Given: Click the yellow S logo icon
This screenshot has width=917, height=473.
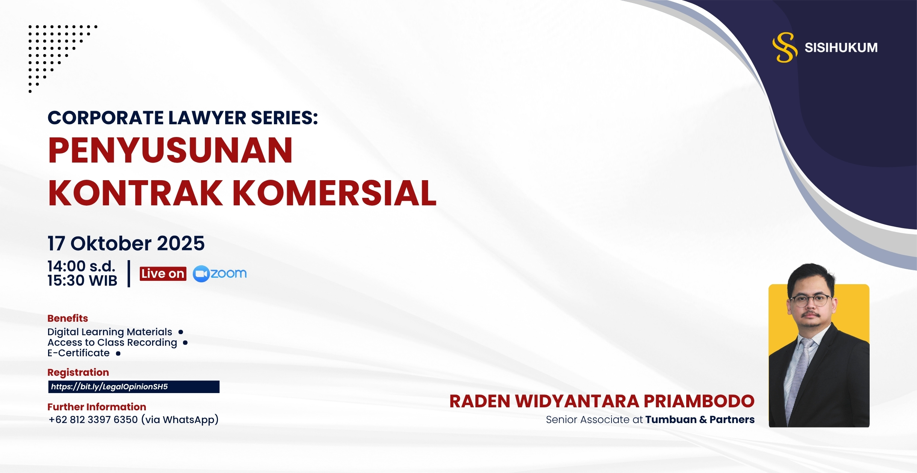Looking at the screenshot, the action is pyautogui.click(x=785, y=47).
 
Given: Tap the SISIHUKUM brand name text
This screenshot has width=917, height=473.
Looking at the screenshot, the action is pyautogui.click(x=841, y=48).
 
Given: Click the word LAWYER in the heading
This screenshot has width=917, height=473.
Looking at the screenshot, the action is pyautogui.click(x=207, y=118).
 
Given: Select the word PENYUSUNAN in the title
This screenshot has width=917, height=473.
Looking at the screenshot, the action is pyautogui.click(x=170, y=150).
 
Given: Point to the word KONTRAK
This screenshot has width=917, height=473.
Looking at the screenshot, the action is pyautogui.click(x=136, y=193).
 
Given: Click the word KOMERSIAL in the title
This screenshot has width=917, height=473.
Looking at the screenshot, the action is pyautogui.click(x=334, y=193).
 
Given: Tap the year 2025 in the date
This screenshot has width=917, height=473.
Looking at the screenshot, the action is pyautogui.click(x=181, y=243).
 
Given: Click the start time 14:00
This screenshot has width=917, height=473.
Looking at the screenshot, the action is pyautogui.click(x=67, y=266).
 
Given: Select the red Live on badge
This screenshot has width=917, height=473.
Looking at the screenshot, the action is pyautogui.click(x=163, y=274).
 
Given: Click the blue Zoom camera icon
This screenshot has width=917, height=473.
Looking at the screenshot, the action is pyautogui.click(x=201, y=274).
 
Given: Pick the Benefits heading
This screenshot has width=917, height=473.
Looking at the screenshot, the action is pyautogui.click(x=68, y=318).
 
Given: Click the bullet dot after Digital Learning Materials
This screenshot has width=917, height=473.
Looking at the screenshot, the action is pyautogui.click(x=181, y=332).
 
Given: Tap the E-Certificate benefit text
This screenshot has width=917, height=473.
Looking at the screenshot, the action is pyautogui.click(x=79, y=353).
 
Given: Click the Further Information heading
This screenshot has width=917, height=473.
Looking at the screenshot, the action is pyautogui.click(x=97, y=407).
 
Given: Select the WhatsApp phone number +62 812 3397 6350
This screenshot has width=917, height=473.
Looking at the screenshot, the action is pyautogui.click(x=93, y=419).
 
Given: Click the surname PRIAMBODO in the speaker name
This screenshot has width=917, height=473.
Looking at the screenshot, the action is pyautogui.click(x=699, y=401).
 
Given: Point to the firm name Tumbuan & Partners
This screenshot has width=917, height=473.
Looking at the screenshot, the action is pyautogui.click(x=700, y=420).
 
